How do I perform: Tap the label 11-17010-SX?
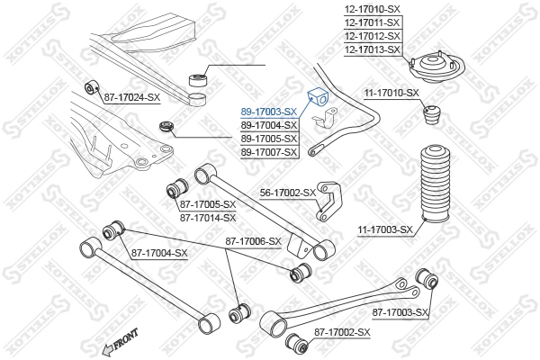coord(391,93)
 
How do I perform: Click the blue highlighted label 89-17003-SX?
coord(268,111)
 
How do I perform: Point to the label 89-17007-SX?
coord(268,153)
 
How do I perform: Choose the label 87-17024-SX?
coord(131,96)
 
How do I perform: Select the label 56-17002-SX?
coord(287,193)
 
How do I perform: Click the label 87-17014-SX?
coord(207,217)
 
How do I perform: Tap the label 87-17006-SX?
coord(253,240)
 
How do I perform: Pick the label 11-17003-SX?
coord(384,229)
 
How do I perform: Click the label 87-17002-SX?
coord(342,333)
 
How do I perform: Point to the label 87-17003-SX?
coord(402,311)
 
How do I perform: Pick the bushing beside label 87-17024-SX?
coord(91,88)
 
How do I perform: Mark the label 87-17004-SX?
coord(158,253)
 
